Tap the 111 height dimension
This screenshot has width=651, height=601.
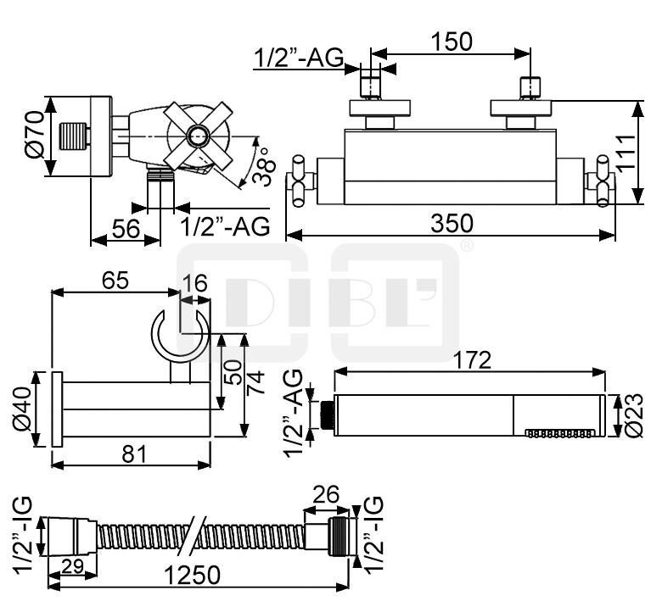tap(626, 153)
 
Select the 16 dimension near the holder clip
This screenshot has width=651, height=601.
tap(194, 284)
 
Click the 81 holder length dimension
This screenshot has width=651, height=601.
tap(131, 454)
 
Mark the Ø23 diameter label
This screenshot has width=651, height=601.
tap(631, 416)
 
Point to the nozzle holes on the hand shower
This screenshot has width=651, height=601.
tap(559, 432)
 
